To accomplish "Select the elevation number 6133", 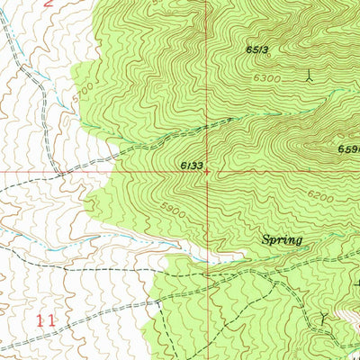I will click(x=191, y=166).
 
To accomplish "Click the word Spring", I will click(x=282, y=240).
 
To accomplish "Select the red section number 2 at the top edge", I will click(x=49, y=4).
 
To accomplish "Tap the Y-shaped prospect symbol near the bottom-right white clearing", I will click(x=325, y=318).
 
